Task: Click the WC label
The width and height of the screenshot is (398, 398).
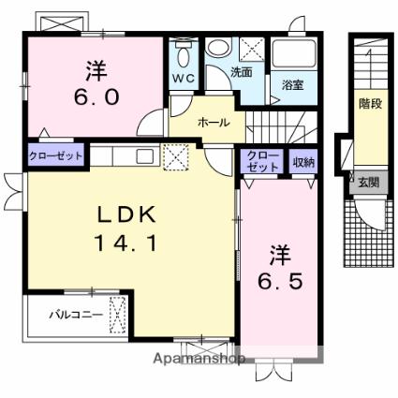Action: pos(184,79)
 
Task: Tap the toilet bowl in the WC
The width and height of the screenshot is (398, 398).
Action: pos(184,56)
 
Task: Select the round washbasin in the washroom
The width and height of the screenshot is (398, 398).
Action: pos(218,47)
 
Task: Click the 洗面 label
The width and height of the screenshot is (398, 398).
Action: pos(242,72)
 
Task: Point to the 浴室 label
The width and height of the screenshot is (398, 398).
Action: pos(293,84)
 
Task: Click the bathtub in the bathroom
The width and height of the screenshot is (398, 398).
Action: pos(294,53)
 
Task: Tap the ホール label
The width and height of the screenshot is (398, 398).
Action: pos(214,123)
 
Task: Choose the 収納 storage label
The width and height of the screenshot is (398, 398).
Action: pos(303,162)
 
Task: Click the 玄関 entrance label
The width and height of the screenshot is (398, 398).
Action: pos(369,182)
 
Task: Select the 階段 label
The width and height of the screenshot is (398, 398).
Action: pos(371,103)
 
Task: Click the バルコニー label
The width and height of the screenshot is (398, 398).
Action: pos(76,315)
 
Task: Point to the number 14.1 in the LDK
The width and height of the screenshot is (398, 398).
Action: pos(125,243)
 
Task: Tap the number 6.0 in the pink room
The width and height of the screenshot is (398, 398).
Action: pos(96,96)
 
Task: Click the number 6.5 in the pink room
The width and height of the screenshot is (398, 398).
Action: pos(280,281)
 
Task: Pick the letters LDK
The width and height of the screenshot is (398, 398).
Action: pos(126,214)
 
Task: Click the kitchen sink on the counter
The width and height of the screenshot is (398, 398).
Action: pos(145,155)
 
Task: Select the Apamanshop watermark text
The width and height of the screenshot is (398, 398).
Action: pos(199,359)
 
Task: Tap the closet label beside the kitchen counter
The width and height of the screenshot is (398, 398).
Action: pos(56,155)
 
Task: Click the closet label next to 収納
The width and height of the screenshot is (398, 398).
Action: pos(262,161)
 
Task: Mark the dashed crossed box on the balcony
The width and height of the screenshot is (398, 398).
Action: pos(118,315)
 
